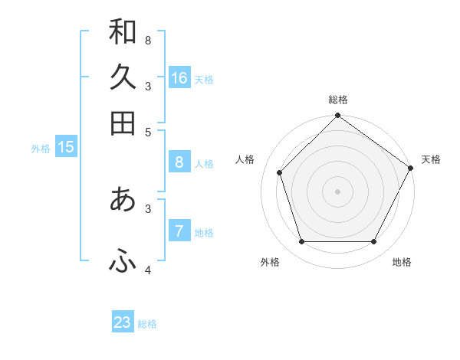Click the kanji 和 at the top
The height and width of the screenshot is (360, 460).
[x=123, y=32]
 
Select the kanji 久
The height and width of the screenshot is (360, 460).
[x=123, y=77]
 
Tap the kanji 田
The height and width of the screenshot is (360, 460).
[x=123, y=123]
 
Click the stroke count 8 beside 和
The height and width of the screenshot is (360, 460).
[x=148, y=40]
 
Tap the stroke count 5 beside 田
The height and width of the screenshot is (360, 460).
[x=148, y=131]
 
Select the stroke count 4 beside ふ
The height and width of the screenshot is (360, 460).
[x=148, y=270]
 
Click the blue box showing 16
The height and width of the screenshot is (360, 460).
[x=179, y=77]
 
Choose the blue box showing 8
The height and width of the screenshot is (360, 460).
[x=179, y=162]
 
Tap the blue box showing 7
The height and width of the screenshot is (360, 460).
[x=179, y=231]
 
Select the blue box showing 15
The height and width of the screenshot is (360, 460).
[x=66, y=147]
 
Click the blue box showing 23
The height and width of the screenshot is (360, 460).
[x=123, y=322]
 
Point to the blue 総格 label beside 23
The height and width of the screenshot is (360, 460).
[x=147, y=324]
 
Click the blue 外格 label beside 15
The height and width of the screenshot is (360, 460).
[x=40, y=149]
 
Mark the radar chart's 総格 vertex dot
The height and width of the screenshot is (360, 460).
[x=337, y=116]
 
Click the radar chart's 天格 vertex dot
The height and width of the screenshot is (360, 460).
[x=410, y=168]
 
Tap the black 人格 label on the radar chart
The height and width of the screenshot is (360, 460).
[x=245, y=159]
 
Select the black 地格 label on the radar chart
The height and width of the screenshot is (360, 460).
[x=402, y=263]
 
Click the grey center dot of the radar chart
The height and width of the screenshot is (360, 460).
[x=337, y=191]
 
